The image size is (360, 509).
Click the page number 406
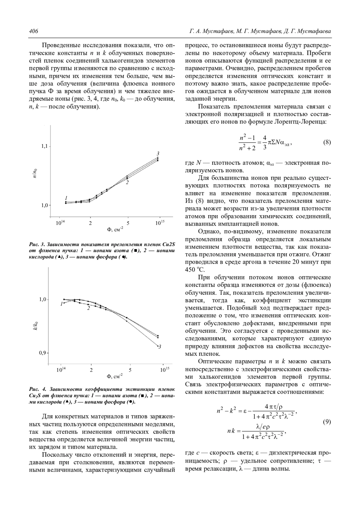coord(33,31)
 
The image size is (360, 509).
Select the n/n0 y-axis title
coord(35,174)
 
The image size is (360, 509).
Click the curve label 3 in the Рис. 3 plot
coord(158,153)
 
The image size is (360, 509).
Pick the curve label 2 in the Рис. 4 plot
coord(88,308)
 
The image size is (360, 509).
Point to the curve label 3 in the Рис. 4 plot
coord(160,347)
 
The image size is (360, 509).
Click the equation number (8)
coord(327,142)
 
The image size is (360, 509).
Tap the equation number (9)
coord(327,422)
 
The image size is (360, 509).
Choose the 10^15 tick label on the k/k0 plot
coord(164,370)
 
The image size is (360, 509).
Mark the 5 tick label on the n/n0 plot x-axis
coord(128,223)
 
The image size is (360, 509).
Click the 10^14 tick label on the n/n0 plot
coord(60,223)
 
